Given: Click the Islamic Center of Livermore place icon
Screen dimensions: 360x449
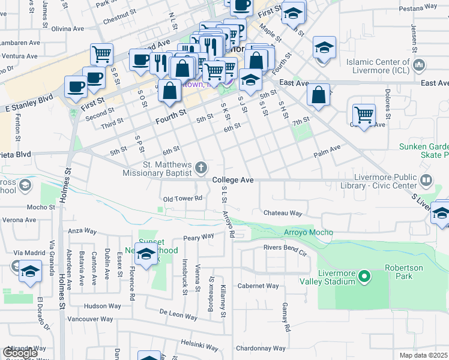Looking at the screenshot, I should tap(420, 64).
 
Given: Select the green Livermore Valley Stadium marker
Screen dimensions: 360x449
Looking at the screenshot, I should tap(364, 277).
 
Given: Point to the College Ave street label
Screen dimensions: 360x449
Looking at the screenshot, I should tap(233, 180).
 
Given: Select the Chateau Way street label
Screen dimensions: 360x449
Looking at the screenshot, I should tap(282, 213).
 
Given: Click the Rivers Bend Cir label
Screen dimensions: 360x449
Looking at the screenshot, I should tap(285, 247).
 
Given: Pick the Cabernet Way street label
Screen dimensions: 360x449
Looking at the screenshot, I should tap(258, 286).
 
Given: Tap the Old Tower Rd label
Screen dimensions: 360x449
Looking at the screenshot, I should tap(182, 199).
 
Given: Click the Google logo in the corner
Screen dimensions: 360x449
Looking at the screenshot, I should tap(20, 352).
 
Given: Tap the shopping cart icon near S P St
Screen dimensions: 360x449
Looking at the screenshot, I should tap(102, 55).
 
